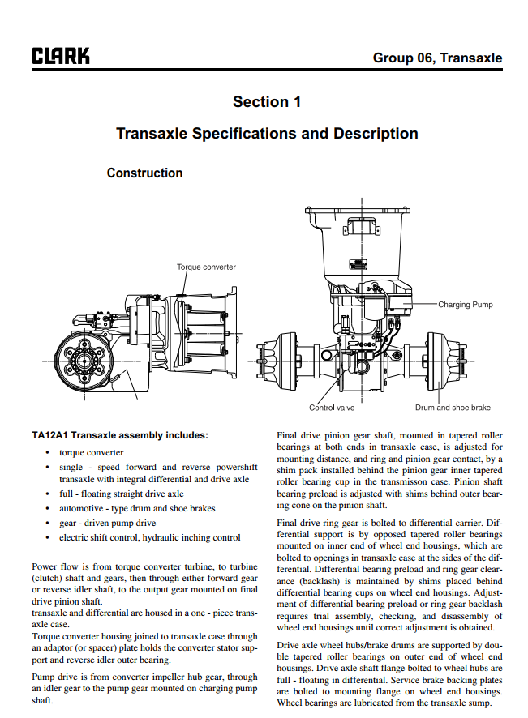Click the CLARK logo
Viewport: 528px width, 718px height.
pos(61,56)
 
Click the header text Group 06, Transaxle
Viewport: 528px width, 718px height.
pos(437,58)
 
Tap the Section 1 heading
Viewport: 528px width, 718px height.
pos(267,101)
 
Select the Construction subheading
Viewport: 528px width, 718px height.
pos(145,173)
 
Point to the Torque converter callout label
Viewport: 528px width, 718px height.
pos(206,267)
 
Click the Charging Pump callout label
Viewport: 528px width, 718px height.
pos(466,305)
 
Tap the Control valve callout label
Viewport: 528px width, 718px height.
pos(332,408)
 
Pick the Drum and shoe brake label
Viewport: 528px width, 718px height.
pos(453,408)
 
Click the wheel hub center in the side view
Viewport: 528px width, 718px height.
pos(85,361)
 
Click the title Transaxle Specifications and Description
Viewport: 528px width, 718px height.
pos(267,133)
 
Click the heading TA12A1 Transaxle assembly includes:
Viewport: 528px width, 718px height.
pos(120,435)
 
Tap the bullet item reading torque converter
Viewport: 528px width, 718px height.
pos(91,452)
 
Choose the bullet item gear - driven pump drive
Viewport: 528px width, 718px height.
pos(107,523)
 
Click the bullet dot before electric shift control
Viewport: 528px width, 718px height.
pos(47,537)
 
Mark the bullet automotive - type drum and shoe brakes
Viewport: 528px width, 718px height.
pos(137,508)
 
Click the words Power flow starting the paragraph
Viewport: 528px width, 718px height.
pos(51,566)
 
